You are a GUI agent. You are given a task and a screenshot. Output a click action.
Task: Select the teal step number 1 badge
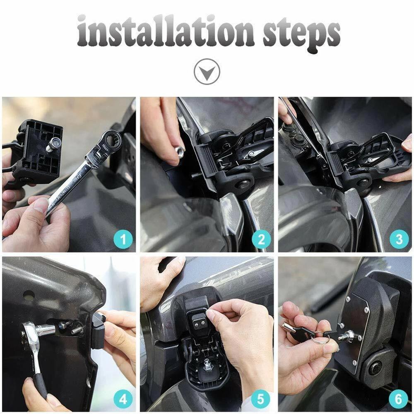(123, 239)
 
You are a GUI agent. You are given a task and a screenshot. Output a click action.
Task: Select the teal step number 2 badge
(261, 239)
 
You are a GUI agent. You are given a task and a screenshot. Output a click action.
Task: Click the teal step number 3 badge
(399, 239)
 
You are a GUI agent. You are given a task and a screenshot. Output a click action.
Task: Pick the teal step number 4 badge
(123, 400)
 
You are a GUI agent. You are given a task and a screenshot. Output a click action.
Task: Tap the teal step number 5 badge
(261, 400)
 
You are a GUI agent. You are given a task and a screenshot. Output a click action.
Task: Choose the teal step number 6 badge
(399, 400)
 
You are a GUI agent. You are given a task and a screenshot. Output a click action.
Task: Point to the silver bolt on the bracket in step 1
(53, 145)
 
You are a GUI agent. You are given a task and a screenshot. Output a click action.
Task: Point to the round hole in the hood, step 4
(29, 295)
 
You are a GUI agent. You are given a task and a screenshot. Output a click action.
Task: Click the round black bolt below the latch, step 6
(375, 368)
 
